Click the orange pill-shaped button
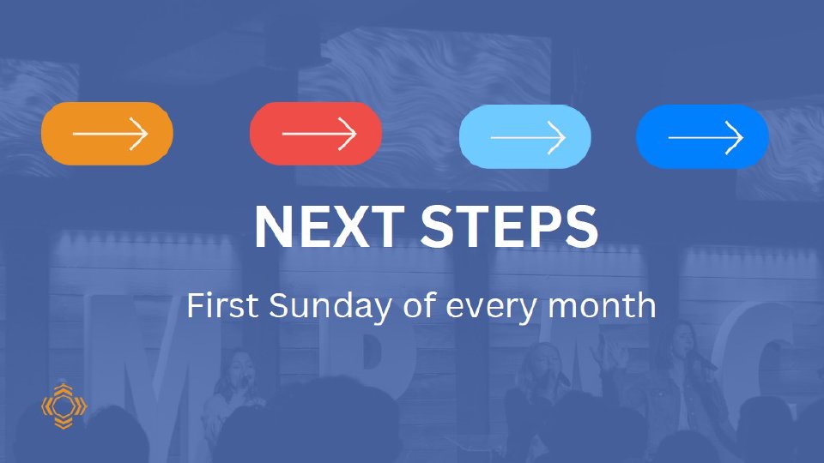click(107, 134)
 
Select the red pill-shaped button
click(316, 134)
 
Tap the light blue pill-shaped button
click(525, 136)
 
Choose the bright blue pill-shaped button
click(702, 136)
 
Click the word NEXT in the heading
click(330, 225)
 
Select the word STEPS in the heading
click(509, 225)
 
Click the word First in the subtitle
click(223, 304)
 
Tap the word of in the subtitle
click(420, 304)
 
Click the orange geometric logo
click(64, 406)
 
